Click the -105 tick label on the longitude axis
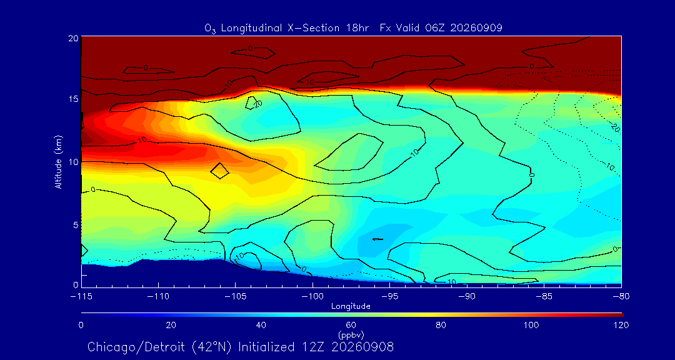(x=235, y=297)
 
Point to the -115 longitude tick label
(x=81, y=297)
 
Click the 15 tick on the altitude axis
(x=74, y=99)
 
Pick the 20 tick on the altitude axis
(x=74, y=38)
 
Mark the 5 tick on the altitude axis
(x=76, y=225)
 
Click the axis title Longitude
(x=351, y=307)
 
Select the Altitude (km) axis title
(x=59, y=162)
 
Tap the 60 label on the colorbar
(x=351, y=325)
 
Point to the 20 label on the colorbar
(x=171, y=325)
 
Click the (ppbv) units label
(x=351, y=334)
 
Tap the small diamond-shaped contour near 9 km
(x=219, y=171)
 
